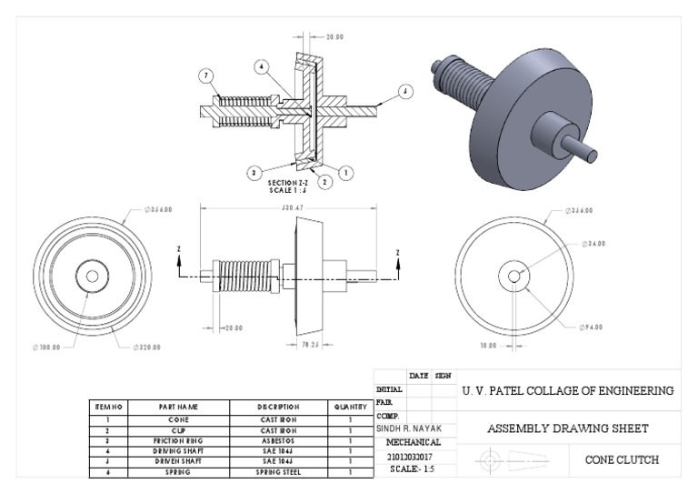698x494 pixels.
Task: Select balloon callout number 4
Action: point(261,67)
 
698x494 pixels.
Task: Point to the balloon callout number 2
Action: point(324,181)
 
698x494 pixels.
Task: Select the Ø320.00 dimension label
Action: point(147,347)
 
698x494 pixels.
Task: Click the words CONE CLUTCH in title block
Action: point(621,459)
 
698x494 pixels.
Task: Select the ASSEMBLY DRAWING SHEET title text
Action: point(568,428)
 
